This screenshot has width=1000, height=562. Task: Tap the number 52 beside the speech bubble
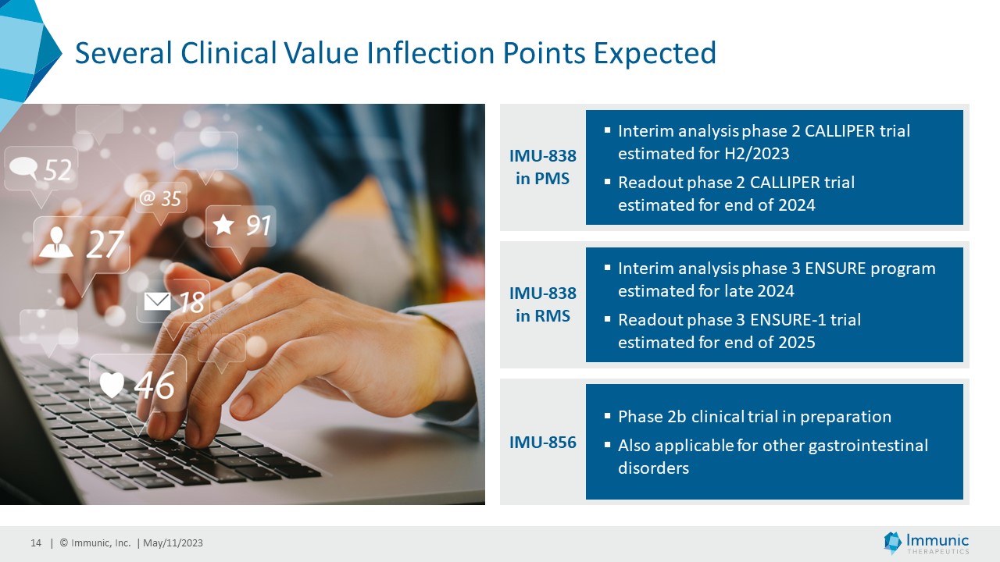click(58, 169)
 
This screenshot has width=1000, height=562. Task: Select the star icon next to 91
click(223, 224)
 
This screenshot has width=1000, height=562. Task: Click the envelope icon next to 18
click(158, 301)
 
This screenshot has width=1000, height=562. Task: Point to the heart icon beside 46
click(111, 384)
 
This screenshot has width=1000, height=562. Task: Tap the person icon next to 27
click(55, 243)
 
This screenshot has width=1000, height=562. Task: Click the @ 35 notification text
click(160, 198)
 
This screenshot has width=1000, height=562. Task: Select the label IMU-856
click(543, 442)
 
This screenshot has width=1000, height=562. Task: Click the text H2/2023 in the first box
click(757, 154)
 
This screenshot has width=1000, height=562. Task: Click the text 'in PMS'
click(543, 179)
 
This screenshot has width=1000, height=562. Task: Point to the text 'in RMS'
click(543, 316)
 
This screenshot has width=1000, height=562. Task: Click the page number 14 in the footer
click(36, 542)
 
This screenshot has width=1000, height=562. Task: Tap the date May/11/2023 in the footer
click(173, 542)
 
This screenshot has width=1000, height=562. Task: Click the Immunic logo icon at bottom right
click(892, 542)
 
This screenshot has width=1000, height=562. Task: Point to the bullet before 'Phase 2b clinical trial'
click(607, 416)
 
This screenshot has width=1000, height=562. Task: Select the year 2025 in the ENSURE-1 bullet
click(797, 343)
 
